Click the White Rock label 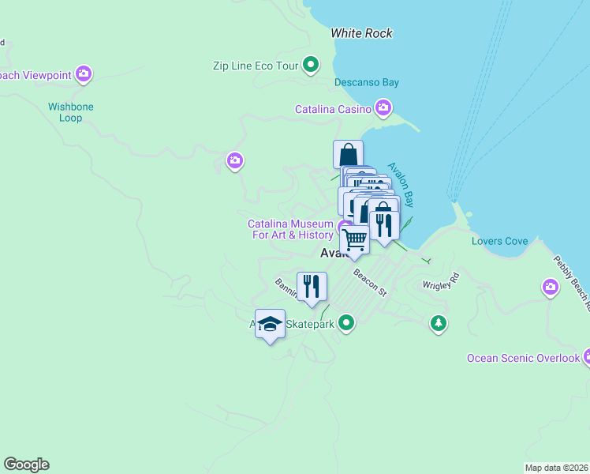click(361, 33)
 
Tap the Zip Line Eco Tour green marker click(312, 65)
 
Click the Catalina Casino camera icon click(383, 107)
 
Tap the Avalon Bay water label click(400, 186)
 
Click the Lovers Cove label click(499, 241)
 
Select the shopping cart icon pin click(355, 239)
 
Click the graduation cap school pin click(270, 324)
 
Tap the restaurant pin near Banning click(312, 285)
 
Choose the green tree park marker click(439, 322)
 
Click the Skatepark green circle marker click(345, 322)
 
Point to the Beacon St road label click(370, 282)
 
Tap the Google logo click(26, 465)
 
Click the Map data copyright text click(556, 468)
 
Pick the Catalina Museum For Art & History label click(290, 229)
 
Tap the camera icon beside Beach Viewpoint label click(84, 75)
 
